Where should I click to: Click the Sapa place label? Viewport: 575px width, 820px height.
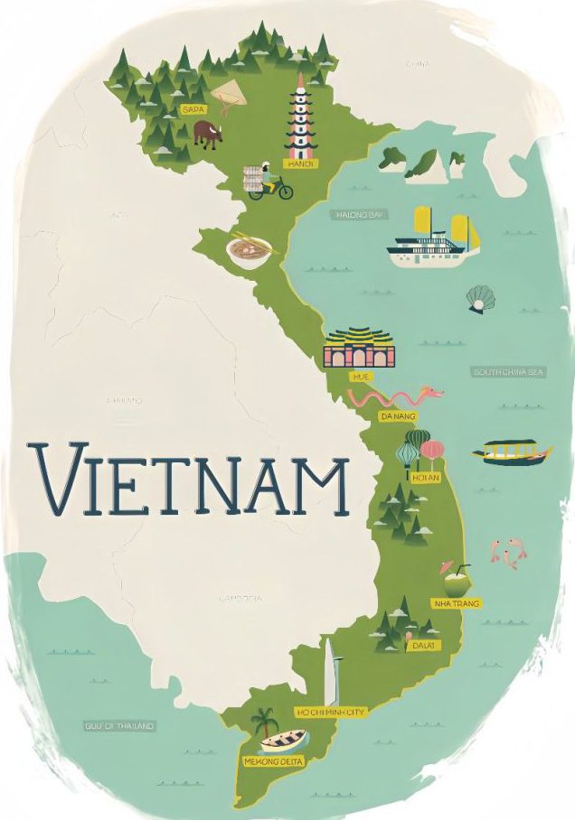[192, 109]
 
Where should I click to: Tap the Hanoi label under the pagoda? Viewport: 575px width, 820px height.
[297, 164]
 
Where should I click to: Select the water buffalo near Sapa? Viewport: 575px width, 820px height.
[207, 135]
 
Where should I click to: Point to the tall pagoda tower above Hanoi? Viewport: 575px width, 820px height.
[297, 117]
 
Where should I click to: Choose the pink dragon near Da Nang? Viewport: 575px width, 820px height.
[396, 397]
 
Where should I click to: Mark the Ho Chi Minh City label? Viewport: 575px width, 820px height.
[331, 713]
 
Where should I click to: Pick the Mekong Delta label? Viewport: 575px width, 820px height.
[274, 762]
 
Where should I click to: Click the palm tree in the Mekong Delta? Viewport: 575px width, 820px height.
[264, 722]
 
